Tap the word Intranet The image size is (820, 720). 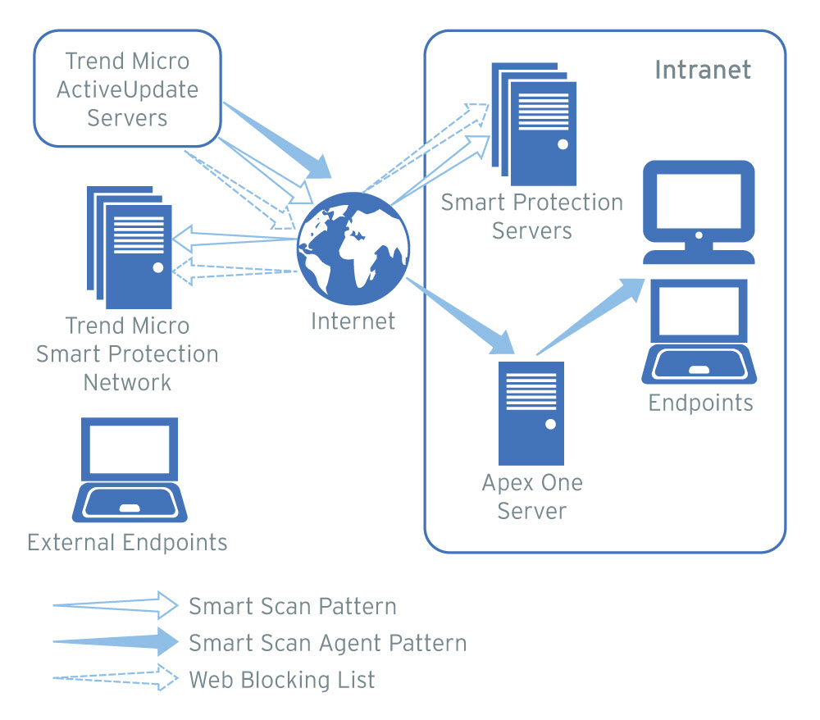click(x=703, y=69)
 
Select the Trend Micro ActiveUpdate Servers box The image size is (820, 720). click(x=127, y=89)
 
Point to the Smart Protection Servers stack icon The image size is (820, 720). click(x=534, y=123)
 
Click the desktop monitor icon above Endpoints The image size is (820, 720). click(x=698, y=212)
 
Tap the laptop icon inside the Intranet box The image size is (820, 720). click(x=698, y=331)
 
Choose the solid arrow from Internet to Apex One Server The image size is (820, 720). click(x=460, y=317)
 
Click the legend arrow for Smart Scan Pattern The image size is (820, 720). click(x=115, y=606)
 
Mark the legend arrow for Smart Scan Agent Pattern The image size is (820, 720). click(x=115, y=641)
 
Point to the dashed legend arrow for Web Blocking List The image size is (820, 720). click(x=115, y=678)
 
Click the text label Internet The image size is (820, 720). click(x=353, y=321)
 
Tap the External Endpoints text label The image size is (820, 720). click(x=127, y=542)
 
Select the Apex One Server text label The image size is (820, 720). click(x=532, y=496)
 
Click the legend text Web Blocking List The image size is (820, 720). click(x=282, y=679)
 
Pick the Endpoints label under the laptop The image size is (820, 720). click(x=700, y=403)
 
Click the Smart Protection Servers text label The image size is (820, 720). click(x=532, y=216)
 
